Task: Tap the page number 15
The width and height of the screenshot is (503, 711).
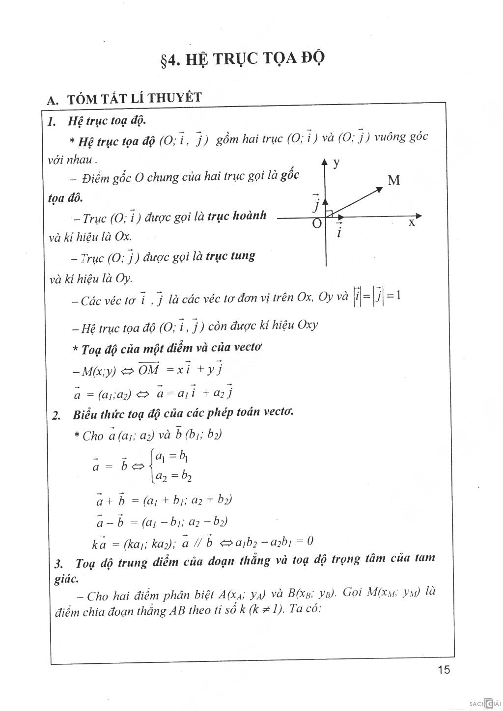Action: coord(443,670)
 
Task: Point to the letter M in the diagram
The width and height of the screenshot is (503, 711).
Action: coord(394,181)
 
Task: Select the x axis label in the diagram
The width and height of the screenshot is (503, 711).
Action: coord(412,223)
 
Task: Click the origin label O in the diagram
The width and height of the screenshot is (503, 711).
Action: coord(317,224)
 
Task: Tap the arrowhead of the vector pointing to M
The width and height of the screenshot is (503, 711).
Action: coord(379,188)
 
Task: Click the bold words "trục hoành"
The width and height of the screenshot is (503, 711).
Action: coord(237,216)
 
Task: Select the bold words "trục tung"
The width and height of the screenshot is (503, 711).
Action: coord(230,256)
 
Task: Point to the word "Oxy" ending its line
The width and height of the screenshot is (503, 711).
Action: coord(307,325)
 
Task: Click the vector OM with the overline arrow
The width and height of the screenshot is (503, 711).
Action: coord(148,369)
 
